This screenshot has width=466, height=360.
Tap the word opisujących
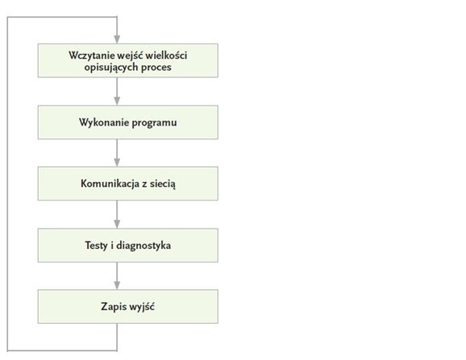[110, 68]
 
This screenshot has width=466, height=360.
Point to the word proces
[156, 68]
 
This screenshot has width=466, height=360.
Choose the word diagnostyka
[144, 246]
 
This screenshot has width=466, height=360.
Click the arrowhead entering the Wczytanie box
[117, 39]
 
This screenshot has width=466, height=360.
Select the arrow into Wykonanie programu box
[117, 92]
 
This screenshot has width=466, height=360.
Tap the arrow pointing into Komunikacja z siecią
[117, 153]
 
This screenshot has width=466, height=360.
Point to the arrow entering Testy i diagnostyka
[117, 214]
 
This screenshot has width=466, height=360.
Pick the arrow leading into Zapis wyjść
[117, 276]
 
